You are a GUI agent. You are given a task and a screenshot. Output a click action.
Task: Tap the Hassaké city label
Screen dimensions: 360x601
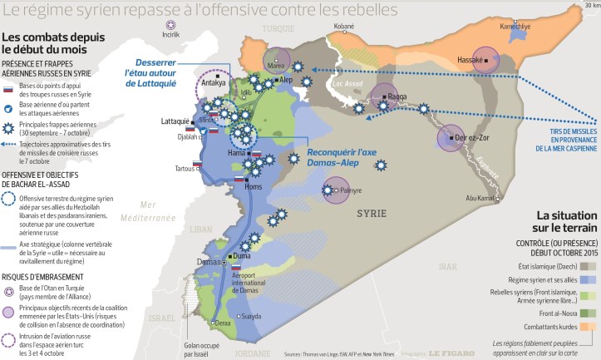pyautogui.click(x=470, y=60)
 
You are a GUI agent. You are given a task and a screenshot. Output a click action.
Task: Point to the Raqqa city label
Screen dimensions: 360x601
pyautogui.click(x=397, y=96)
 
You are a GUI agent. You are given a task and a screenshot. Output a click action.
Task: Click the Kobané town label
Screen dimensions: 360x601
pyautogui.click(x=343, y=27)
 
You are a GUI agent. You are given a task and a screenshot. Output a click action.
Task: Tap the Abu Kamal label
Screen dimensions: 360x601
pyautogui.click(x=480, y=198)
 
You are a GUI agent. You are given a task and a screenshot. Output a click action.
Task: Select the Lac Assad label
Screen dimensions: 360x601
pyautogui.click(x=344, y=84)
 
